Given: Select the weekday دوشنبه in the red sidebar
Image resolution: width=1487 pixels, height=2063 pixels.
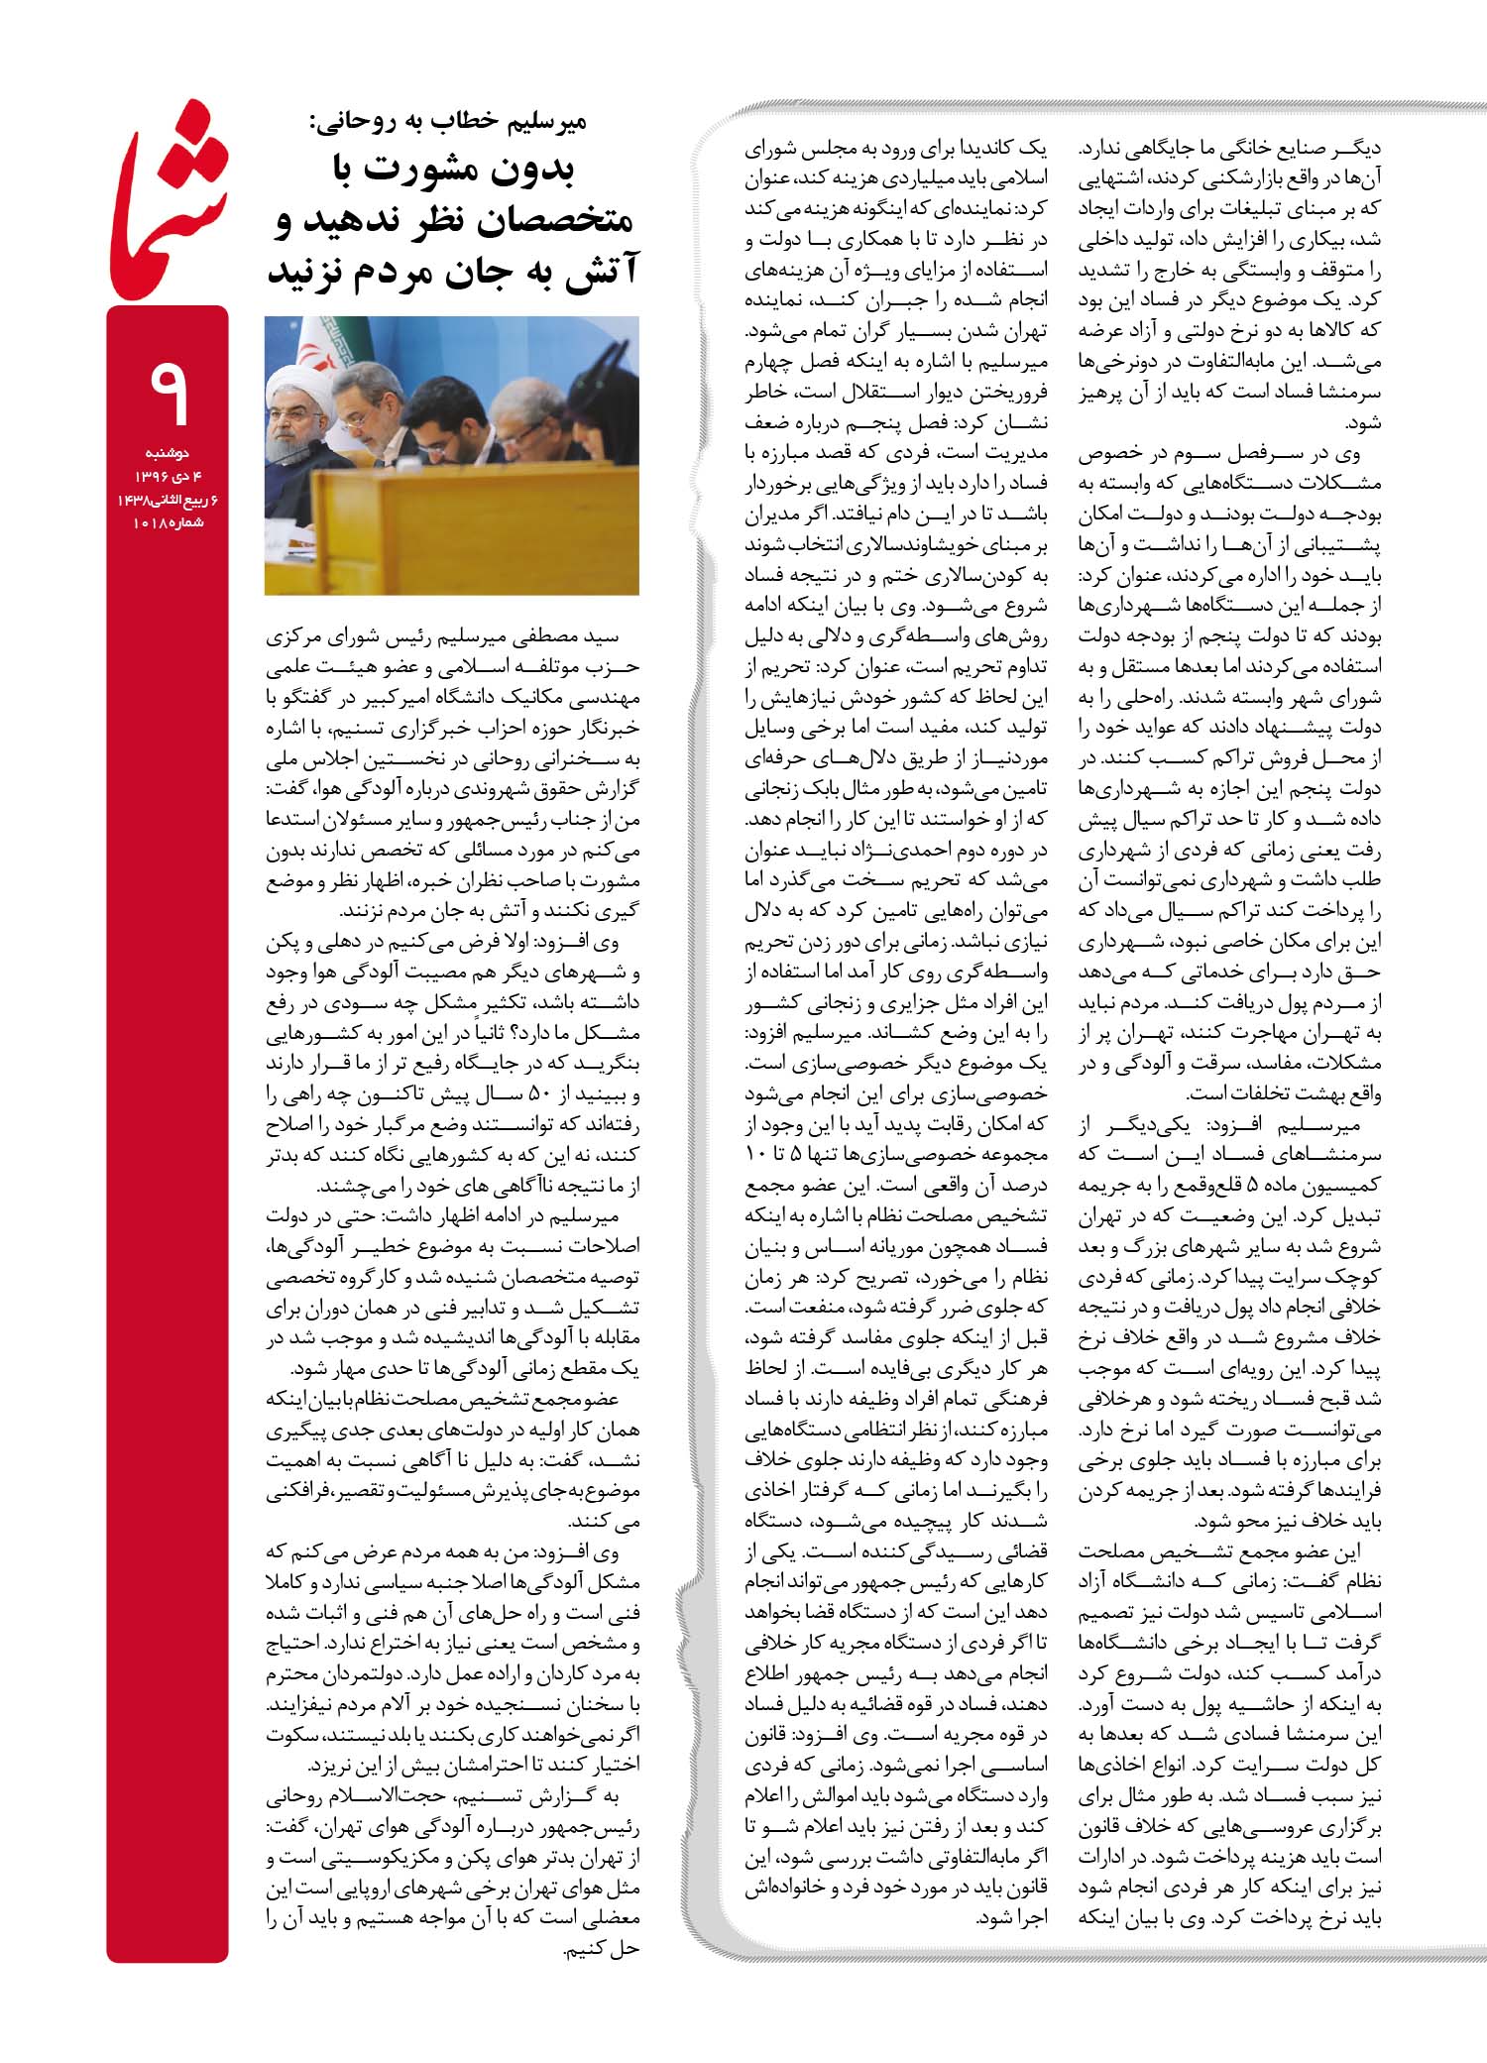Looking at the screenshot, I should coord(168,453).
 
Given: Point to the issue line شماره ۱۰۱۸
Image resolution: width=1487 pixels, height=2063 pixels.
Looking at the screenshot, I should coord(168,521).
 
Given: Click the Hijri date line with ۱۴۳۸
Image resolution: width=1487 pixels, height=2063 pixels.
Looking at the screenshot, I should coord(168,499).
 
